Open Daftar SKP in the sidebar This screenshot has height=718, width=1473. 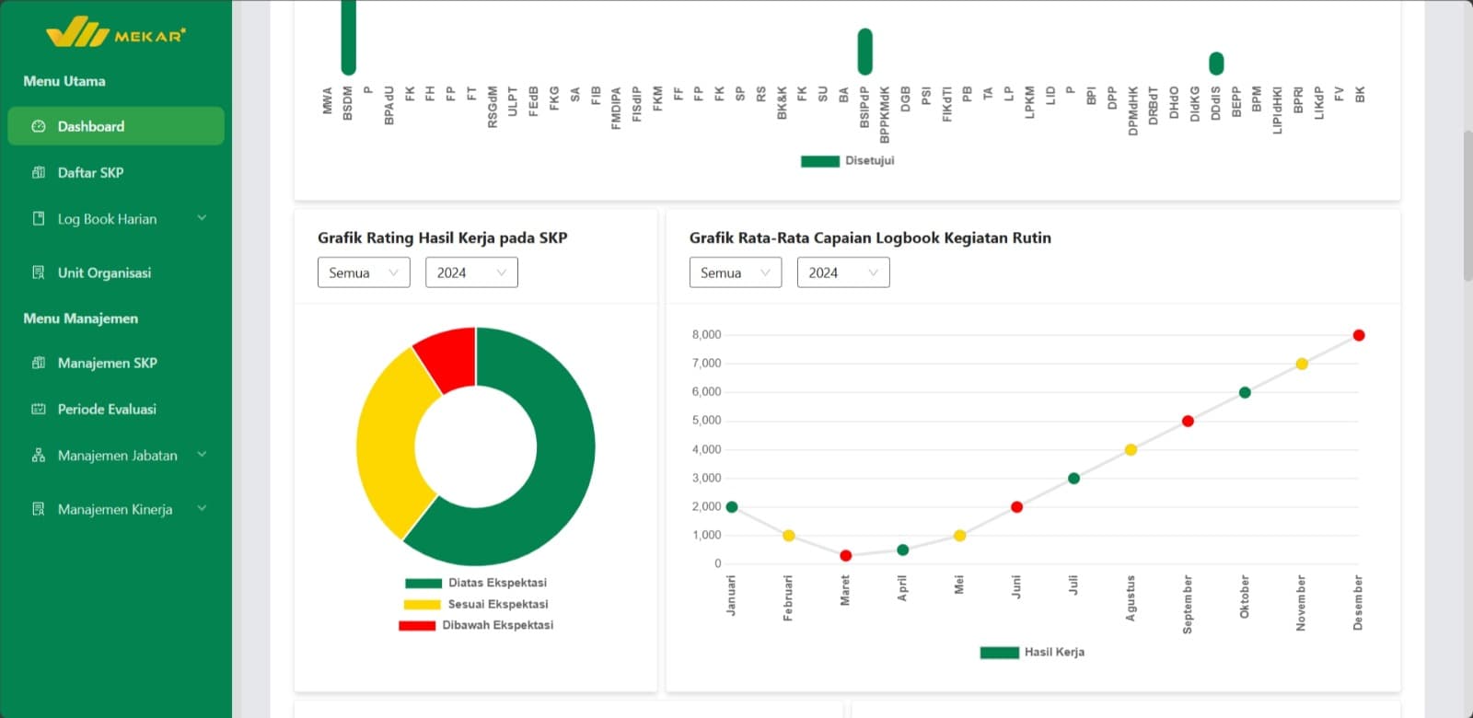(x=90, y=172)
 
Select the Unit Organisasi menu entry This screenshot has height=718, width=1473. (x=103, y=272)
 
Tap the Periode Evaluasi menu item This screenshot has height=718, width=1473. (x=106, y=409)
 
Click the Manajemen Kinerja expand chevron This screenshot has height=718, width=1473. (x=202, y=508)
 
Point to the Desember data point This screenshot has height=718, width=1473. (x=1359, y=335)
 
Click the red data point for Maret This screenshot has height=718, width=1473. (x=846, y=555)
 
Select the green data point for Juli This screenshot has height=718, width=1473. (x=1073, y=478)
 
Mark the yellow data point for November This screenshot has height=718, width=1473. (x=1302, y=364)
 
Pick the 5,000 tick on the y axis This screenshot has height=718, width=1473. (x=706, y=421)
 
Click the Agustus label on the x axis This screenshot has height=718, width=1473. (x=1131, y=598)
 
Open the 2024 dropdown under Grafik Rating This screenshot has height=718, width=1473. (x=471, y=272)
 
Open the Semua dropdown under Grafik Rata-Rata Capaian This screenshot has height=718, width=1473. (x=735, y=272)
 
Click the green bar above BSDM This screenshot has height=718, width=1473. (x=348, y=37)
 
